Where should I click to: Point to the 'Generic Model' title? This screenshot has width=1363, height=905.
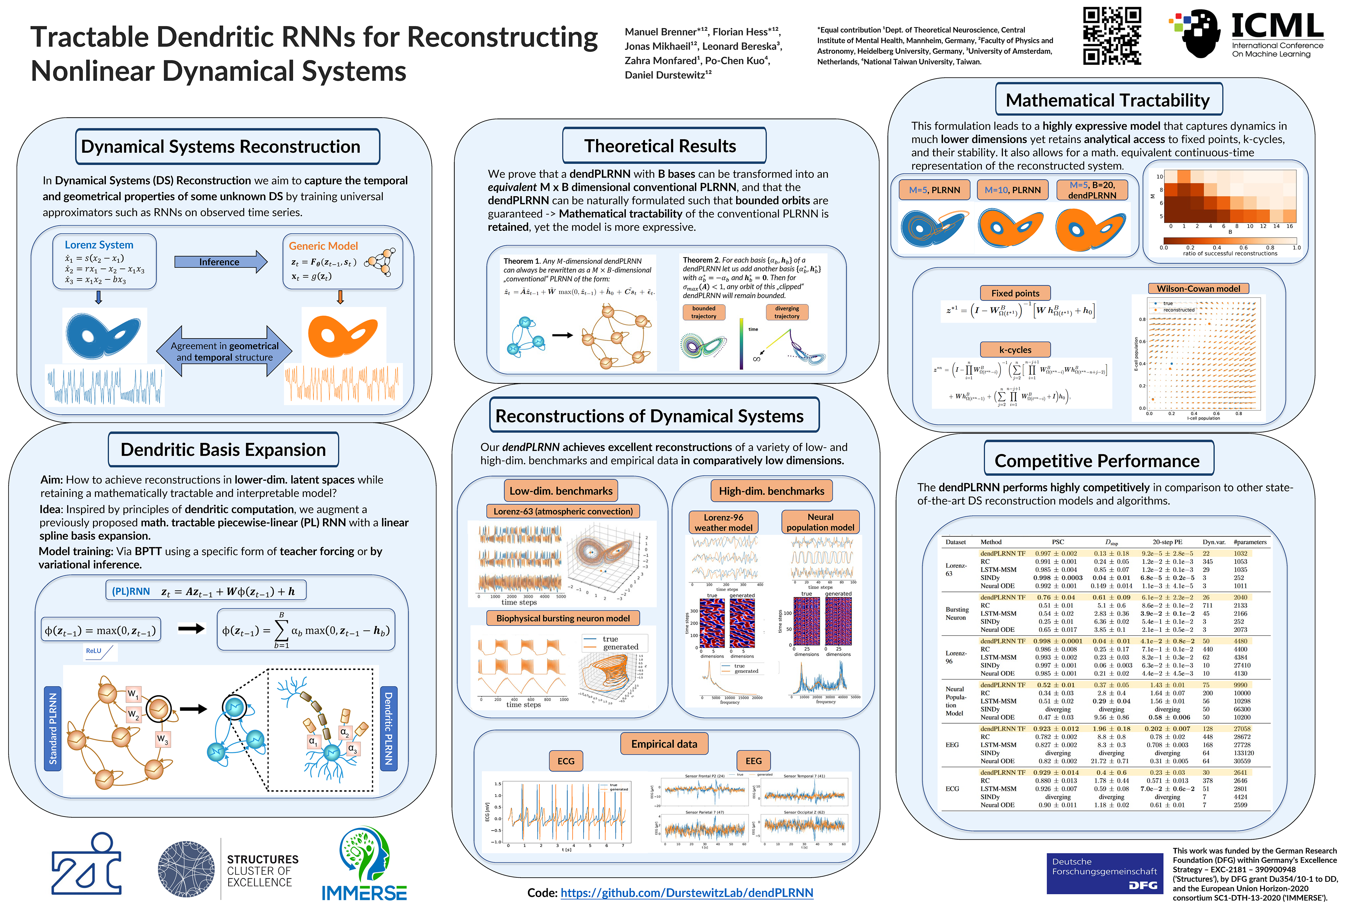[323, 246]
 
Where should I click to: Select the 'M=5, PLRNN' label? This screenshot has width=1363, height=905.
[934, 190]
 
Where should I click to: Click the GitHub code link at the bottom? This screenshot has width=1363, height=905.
[687, 893]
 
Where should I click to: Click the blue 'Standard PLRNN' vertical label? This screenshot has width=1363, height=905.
[53, 728]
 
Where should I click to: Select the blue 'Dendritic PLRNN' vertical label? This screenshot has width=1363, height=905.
[389, 728]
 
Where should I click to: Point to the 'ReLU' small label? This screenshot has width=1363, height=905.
[93, 651]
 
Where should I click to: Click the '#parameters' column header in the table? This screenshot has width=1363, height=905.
[1249, 542]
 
